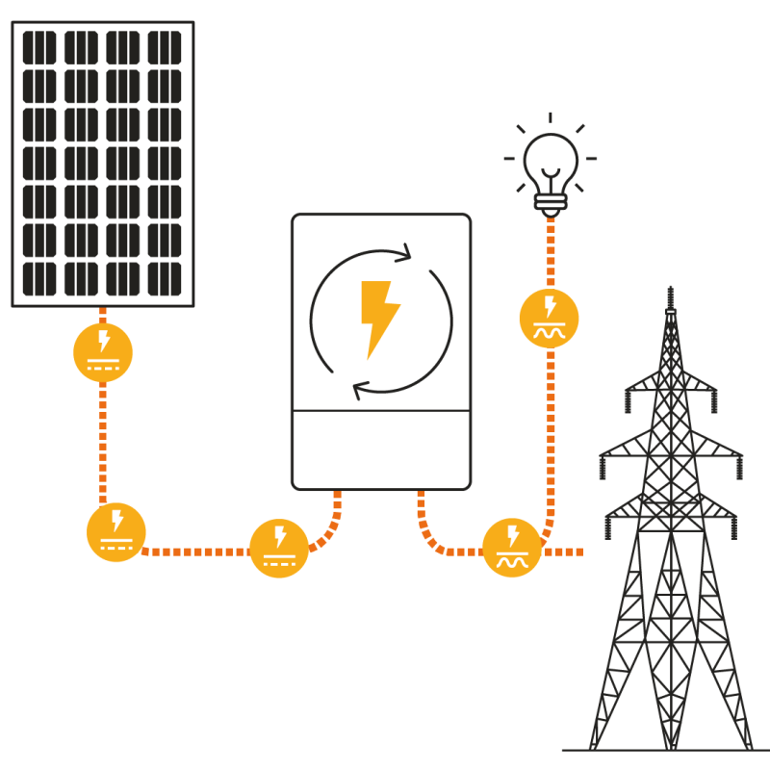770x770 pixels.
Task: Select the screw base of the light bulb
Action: (x=551, y=201)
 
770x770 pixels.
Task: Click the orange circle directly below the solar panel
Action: (x=103, y=352)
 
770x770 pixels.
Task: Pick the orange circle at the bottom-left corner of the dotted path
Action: (x=116, y=532)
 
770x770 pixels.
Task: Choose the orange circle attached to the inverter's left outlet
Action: (x=279, y=548)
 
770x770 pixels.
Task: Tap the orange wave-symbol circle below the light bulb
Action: (x=549, y=318)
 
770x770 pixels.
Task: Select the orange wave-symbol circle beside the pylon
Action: (x=512, y=548)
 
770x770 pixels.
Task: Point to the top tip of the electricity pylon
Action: (x=670, y=289)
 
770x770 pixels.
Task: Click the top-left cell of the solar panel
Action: (x=39, y=47)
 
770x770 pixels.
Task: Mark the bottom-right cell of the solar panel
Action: (x=165, y=279)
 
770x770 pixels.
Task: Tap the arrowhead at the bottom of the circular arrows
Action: (x=360, y=390)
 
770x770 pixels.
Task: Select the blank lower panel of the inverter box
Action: (x=381, y=448)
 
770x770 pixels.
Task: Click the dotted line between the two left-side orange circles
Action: (x=103, y=443)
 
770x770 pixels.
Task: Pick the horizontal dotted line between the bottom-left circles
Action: (x=197, y=552)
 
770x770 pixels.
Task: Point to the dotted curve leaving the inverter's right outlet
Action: (x=428, y=534)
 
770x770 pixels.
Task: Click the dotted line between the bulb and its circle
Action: (x=551, y=250)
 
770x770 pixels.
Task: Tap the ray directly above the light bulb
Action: (x=551, y=118)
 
